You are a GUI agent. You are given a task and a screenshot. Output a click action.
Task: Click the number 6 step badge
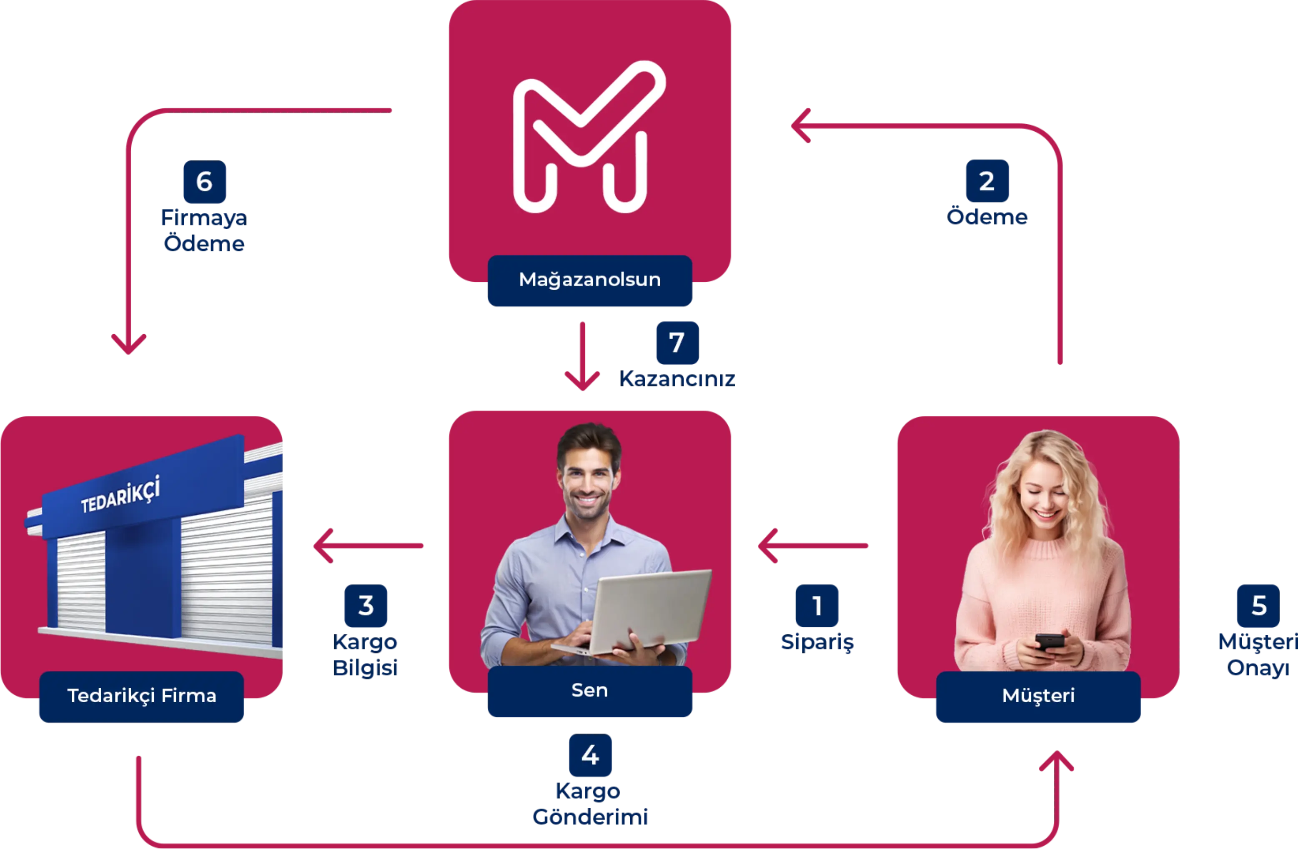[204, 182]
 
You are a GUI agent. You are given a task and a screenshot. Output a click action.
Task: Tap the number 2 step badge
[987, 181]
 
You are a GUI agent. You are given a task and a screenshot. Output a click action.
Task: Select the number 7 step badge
[677, 343]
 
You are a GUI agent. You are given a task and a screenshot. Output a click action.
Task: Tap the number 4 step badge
[590, 756]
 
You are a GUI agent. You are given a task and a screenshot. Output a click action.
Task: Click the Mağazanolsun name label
[589, 280]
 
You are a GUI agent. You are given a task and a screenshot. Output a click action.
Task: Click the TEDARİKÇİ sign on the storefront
[120, 495]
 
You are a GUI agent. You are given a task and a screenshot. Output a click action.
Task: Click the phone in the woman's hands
[1049, 641]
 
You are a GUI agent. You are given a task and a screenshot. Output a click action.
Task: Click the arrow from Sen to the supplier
[368, 545]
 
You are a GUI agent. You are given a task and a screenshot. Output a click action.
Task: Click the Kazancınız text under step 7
[677, 378]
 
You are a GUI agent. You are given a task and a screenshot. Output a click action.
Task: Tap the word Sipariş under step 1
[817, 643]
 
